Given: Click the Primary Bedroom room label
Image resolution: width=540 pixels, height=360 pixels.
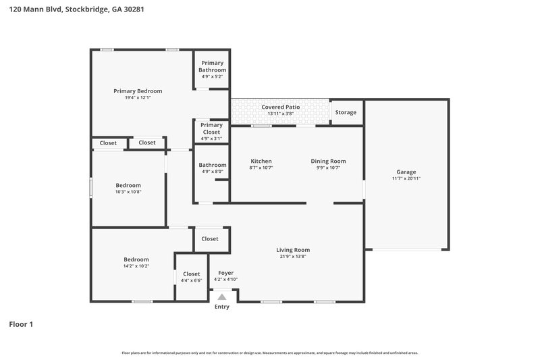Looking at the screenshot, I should click(x=138, y=91).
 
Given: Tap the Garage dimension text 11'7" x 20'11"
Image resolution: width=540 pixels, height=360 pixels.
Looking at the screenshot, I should click(x=406, y=178).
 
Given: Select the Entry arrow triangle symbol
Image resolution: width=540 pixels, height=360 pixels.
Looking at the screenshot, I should click(x=221, y=297).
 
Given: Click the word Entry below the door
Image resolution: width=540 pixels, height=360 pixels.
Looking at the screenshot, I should click(x=221, y=307).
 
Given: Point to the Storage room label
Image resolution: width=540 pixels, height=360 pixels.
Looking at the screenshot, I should click(x=346, y=113).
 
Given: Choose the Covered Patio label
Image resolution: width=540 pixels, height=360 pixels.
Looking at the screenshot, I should click(x=280, y=107).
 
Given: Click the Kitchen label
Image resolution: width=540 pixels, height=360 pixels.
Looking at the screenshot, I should click(x=261, y=161).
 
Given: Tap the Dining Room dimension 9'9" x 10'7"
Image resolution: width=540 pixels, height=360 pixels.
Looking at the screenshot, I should click(x=328, y=168).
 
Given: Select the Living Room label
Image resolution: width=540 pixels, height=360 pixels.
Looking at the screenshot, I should click(x=293, y=250).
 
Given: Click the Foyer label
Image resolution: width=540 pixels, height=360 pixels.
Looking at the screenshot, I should click(x=225, y=273).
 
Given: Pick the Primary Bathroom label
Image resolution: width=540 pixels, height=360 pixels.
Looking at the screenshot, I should click(x=212, y=66).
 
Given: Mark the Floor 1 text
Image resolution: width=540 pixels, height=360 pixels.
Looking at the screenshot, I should click(x=21, y=325).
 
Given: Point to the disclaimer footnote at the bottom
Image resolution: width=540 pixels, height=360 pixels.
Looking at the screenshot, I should click(x=270, y=353).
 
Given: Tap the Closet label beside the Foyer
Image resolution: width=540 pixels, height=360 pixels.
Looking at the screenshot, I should click(x=210, y=238).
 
